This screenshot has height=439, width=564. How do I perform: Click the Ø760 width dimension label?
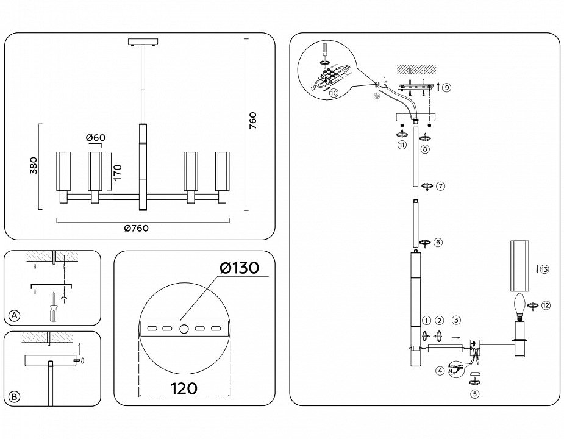point(136,229)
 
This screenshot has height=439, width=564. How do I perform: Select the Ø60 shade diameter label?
point(96,138)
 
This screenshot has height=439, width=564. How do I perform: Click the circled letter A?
point(15,316)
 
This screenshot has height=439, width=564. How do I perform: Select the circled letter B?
point(15,397)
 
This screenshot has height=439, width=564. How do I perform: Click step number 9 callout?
point(446,88)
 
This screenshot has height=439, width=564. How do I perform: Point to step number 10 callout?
point(333,93)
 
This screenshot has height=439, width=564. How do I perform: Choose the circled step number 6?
point(438,242)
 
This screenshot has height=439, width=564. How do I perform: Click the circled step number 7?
point(440,187)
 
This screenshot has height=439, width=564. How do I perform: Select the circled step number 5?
point(475,393)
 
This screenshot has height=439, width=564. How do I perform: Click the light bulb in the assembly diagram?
point(519,304)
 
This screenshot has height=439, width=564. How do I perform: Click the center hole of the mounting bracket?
point(184,329)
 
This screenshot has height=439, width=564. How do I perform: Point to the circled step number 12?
point(545,305)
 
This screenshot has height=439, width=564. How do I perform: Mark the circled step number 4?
point(440,370)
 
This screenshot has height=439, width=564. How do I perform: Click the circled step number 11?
point(401,145)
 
